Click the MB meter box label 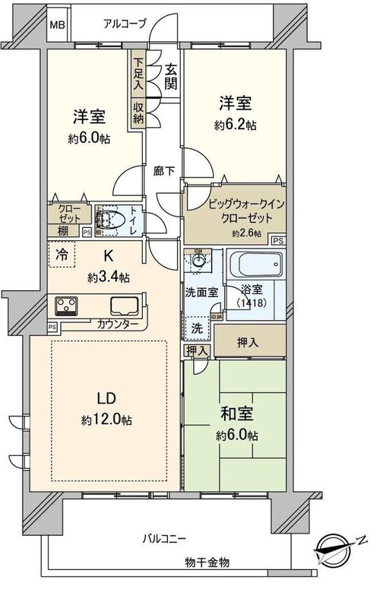[x=58, y=25]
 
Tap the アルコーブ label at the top [x=125, y=24]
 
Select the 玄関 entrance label [x=170, y=77]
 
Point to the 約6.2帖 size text [x=236, y=125]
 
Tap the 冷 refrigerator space [x=62, y=255]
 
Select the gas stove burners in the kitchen [x=66, y=306]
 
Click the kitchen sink [x=125, y=306]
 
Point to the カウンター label [x=117, y=324]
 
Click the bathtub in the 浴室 [x=256, y=265]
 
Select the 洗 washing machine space [x=198, y=328]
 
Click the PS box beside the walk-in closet [x=278, y=240]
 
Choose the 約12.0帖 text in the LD [x=106, y=420]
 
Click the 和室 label [x=236, y=413]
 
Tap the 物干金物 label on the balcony [x=207, y=562]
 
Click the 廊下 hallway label [x=164, y=171]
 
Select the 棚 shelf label [x=63, y=230]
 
